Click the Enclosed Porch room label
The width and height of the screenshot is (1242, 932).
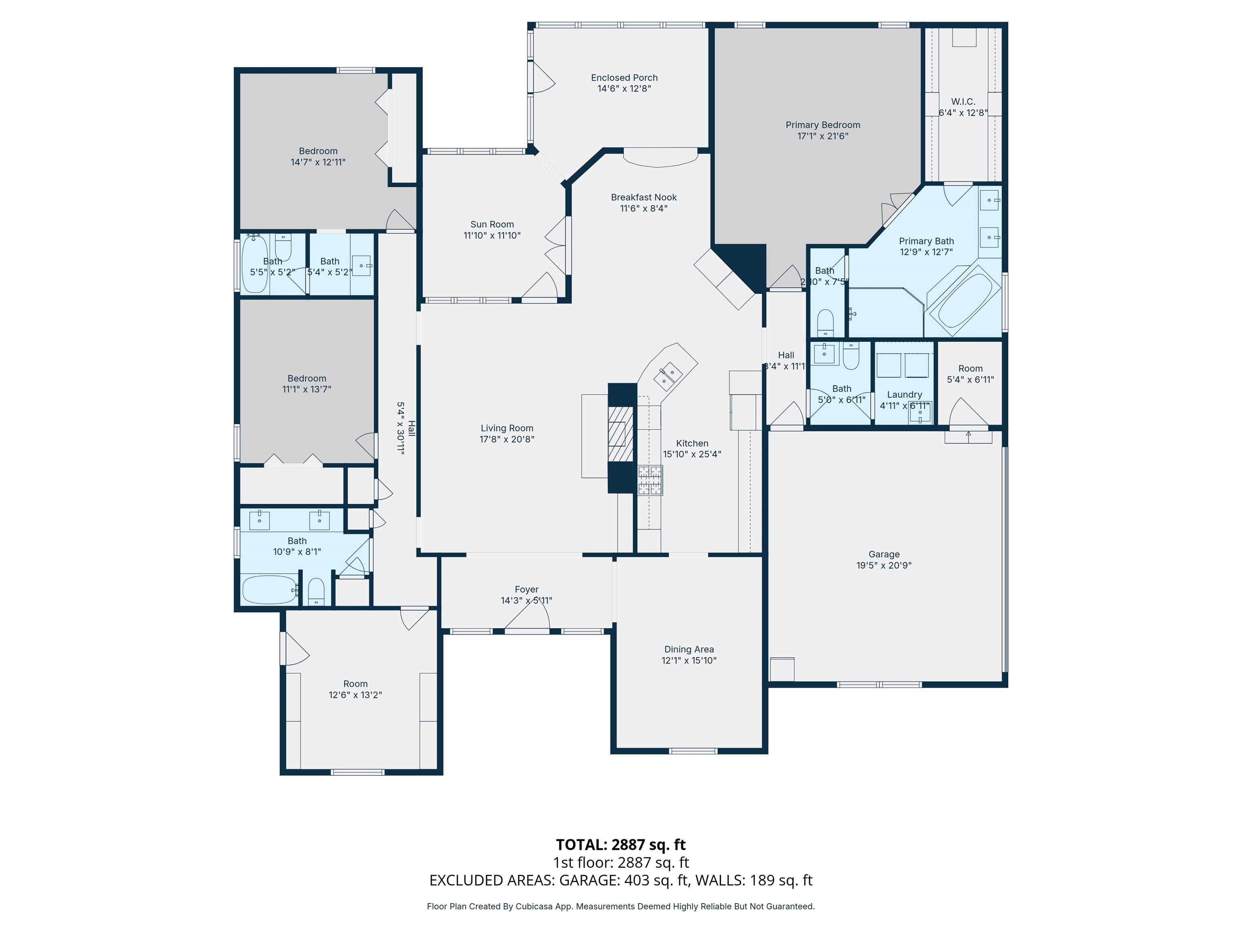point(624,78)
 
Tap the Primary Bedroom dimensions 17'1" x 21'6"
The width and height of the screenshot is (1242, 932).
point(823,136)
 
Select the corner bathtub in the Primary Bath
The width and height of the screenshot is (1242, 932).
point(963,301)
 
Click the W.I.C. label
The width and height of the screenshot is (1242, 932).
point(963,102)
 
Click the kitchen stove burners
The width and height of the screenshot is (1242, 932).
point(650,480)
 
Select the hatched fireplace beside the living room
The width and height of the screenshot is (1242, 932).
point(621,433)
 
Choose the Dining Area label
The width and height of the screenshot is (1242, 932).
point(689,649)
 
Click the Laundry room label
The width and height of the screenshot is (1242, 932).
point(904,394)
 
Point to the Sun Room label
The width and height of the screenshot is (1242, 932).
point(492,224)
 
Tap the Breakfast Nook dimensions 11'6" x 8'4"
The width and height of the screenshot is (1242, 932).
point(644,208)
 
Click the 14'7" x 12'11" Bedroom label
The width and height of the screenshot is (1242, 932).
point(318,151)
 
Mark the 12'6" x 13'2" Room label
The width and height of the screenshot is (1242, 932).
point(355,684)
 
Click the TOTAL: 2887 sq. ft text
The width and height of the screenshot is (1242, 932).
point(621,844)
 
